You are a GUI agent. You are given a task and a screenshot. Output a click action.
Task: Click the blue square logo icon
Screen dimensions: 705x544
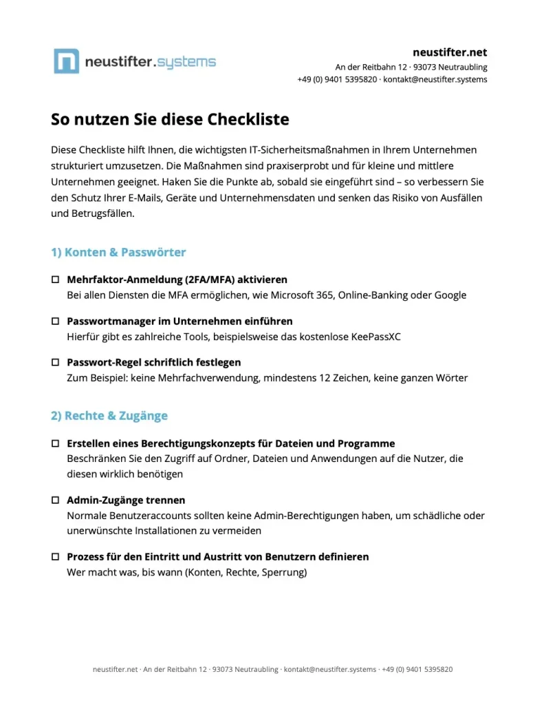pos(66,61)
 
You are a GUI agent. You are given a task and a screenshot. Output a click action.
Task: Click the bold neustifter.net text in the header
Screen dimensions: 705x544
pos(449,52)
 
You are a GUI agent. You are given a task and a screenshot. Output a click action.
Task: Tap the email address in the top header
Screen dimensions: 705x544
pos(435,79)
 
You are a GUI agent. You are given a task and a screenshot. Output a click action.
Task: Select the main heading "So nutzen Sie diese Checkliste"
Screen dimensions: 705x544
pos(170,119)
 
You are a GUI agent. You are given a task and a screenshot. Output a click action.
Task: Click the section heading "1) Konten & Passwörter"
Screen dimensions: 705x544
pos(118,252)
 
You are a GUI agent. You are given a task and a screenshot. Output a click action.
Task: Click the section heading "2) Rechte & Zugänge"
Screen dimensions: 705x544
pos(109,416)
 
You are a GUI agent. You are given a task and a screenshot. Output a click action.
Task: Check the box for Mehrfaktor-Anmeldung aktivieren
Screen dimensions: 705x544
pos(56,280)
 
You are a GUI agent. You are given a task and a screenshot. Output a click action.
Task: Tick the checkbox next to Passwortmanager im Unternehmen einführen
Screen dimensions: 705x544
pos(56,322)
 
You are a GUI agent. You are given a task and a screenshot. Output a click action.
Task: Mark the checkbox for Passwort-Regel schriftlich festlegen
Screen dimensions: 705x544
pos(56,362)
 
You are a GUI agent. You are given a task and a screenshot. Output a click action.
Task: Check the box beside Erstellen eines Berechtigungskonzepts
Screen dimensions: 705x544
pos(56,444)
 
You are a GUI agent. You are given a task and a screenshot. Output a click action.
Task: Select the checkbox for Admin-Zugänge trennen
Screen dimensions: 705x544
pos(56,500)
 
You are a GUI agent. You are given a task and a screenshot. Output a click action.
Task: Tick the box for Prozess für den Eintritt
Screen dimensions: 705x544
pos(56,556)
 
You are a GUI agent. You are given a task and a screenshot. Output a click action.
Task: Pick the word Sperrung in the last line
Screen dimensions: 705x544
pos(282,571)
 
